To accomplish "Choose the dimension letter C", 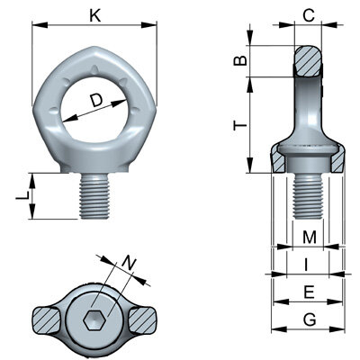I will tap(308, 14).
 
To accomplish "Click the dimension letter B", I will tap(239, 60).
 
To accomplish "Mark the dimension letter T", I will tap(239, 127).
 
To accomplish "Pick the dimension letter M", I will tap(308, 238).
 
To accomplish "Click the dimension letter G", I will tap(308, 319).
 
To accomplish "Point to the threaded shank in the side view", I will tap(308, 193).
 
